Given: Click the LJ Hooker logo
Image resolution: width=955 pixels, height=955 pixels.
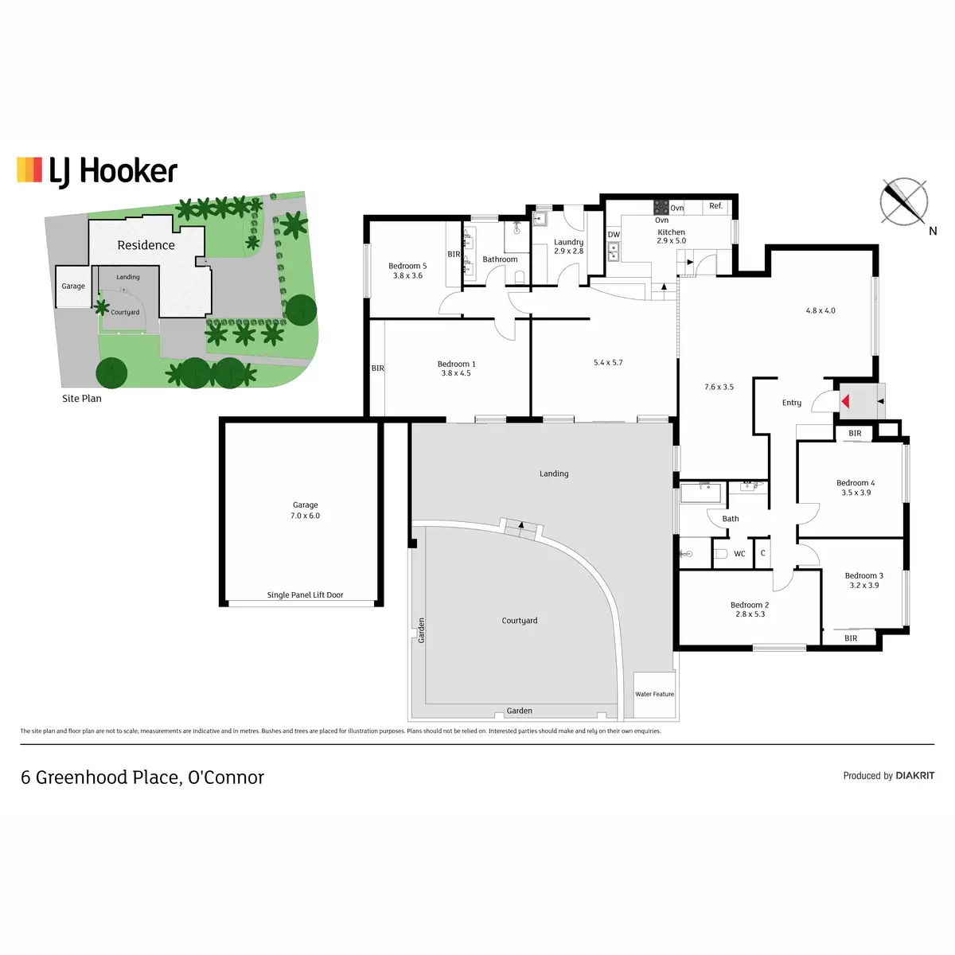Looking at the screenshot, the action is coord(97,171).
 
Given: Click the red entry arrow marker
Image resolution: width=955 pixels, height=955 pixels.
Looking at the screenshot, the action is coord(847,402).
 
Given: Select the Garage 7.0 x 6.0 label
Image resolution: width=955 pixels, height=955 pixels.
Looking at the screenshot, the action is coord(305,510).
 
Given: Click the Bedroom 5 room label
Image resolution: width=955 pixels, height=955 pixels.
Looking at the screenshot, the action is coord(407,271).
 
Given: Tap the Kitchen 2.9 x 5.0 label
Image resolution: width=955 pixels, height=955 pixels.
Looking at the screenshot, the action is coord(671,236).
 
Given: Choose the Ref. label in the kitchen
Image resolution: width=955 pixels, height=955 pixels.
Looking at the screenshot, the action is coord(715,206).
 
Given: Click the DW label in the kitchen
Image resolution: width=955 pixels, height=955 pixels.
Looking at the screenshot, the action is coord(614,235).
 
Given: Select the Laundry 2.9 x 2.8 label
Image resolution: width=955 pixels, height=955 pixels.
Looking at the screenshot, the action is coord(568,246).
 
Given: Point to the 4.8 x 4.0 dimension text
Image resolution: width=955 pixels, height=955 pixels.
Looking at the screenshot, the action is coord(821,311).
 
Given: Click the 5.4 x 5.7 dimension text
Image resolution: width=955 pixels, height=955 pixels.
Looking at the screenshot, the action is coord(608,363).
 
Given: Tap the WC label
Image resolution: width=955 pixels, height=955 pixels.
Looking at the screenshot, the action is coord(739,554).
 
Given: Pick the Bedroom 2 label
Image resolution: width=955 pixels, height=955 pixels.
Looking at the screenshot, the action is coord(750,610).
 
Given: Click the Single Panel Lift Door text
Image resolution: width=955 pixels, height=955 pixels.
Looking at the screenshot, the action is coord(305,595).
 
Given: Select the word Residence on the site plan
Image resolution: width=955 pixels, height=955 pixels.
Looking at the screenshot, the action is coord(146,245).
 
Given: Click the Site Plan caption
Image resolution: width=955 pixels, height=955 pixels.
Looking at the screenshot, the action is coord(81,399).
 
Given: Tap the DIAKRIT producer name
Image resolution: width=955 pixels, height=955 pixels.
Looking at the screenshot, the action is coord(914,776).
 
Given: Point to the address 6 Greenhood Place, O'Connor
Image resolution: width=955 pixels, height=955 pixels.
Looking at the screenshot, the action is coord(142,778).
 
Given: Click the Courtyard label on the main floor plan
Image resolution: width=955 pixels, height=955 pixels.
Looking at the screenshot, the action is coord(520,621).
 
